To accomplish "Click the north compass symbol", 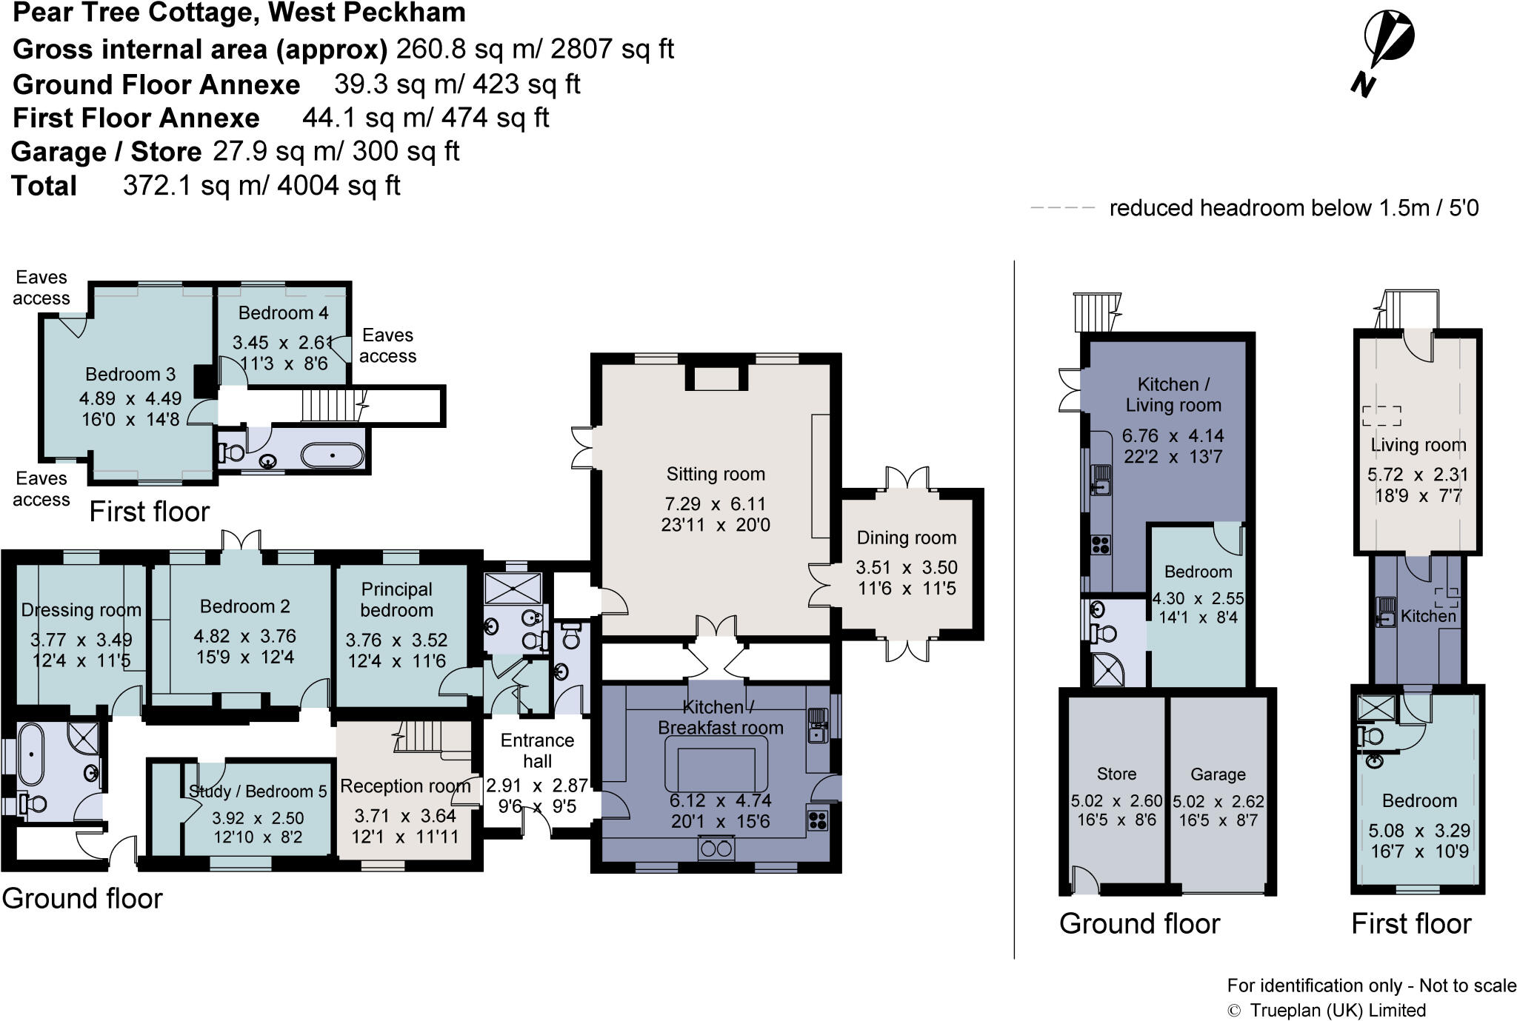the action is (x=1383, y=52).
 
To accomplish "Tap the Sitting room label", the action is (x=716, y=474).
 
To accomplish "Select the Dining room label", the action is (x=907, y=538).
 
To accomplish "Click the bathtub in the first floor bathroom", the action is (x=333, y=455).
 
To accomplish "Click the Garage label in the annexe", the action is (x=1218, y=774).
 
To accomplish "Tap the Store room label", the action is (x=1116, y=774).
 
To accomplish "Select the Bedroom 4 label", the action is (x=283, y=312).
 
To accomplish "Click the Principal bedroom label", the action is (x=397, y=600).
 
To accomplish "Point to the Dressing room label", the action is (x=81, y=610).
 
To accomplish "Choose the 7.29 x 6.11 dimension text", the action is (x=716, y=504).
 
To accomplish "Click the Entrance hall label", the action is (x=537, y=751).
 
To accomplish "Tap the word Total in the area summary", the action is (x=44, y=185).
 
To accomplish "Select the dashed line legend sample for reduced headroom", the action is (x=1062, y=208).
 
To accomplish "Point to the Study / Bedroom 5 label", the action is (x=258, y=791).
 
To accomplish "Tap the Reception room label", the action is (x=405, y=786).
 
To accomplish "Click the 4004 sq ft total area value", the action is (x=339, y=185).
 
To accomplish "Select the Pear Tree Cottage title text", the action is (x=239, y=13).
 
